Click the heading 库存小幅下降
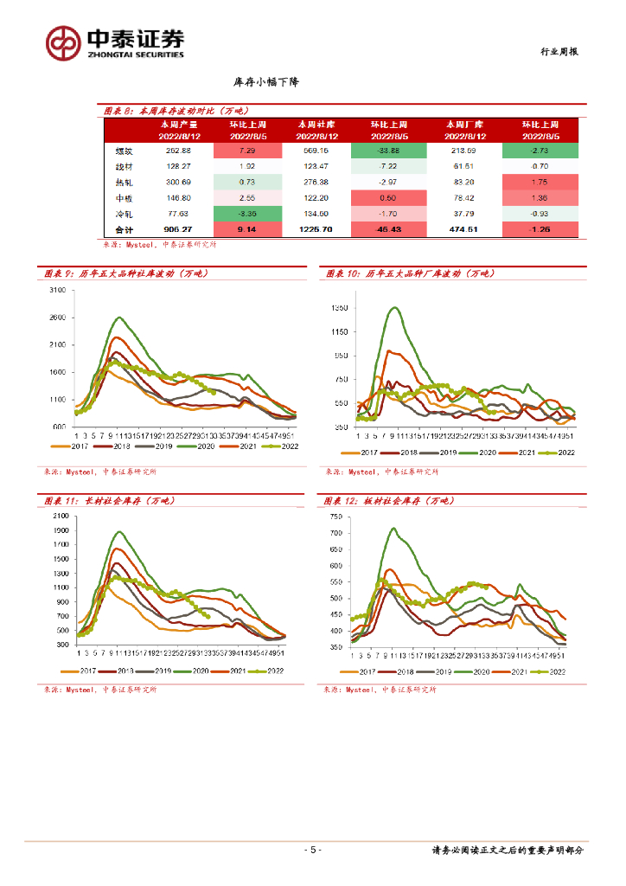(x=266, y=82)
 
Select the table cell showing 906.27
(x=177, y=229)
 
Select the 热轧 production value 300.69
(x=177, y=182)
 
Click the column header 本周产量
(x=178, y=124)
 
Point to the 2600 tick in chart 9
(x=58, y=318)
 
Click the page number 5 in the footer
(x=313, y=850)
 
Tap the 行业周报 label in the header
(x=553, y=52)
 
